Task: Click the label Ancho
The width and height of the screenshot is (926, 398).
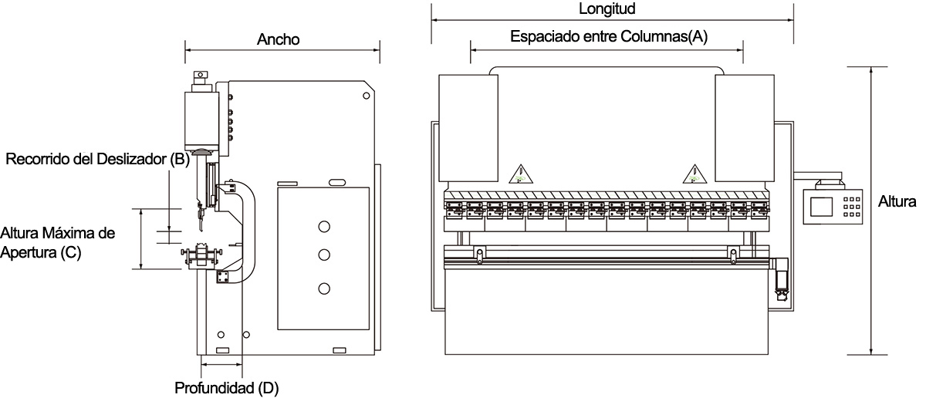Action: [x=278, y=39]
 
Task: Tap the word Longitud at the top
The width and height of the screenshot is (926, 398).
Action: [x=607, y=8]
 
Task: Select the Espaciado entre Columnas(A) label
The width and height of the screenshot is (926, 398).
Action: [x=609, y=36]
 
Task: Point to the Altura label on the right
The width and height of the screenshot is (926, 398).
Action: [x=897, y=201]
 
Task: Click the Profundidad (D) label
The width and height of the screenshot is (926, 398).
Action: [x=227, y=388]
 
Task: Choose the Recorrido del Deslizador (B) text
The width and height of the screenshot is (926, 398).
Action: [x=97, y=159]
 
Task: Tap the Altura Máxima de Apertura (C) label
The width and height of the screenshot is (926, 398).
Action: [x=57, y=243]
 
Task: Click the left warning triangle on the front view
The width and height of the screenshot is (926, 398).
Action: [x=521, y=174]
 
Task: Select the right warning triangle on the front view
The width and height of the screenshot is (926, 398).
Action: [x=694, y=174]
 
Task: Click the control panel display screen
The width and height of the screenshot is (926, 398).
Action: [x=821, y=207]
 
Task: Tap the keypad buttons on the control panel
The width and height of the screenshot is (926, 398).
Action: [x=852, y=207]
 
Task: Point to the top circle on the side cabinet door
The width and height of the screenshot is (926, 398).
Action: [x=324, y=227]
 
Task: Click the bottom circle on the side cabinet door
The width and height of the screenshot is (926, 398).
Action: [x=324, y=288]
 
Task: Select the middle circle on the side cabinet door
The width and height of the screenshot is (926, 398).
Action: [x=324, y=255]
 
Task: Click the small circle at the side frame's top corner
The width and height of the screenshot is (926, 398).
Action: [x=366, y=96]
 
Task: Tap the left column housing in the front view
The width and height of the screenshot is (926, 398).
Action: [x=468, y=128]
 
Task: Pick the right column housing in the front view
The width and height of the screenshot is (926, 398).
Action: [x=745, y=128]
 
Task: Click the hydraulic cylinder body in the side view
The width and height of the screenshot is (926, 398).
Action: [x=201, y=120]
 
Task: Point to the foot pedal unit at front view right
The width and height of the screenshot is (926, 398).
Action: [x=781, y=279]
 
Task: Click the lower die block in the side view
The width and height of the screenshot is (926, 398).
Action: [x=201, y=255]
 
